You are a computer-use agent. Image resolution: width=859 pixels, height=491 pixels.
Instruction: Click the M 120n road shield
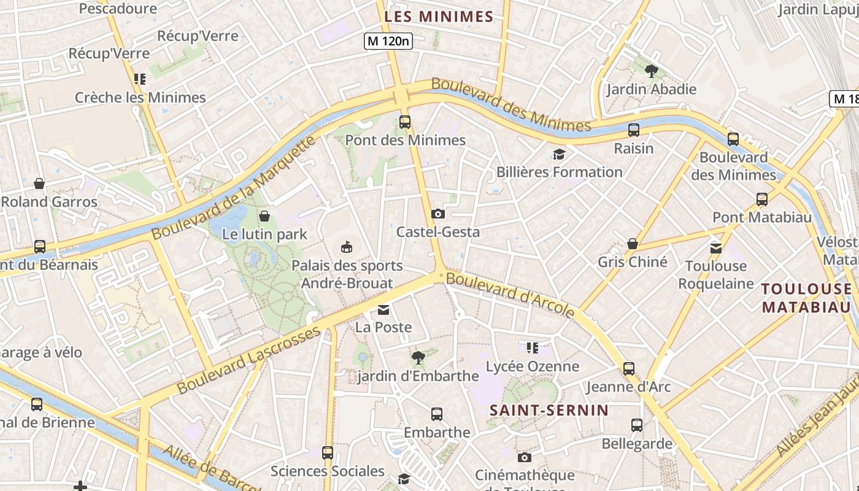tap(388, 41)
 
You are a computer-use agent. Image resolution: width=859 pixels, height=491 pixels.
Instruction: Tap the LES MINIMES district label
tap(439, 17)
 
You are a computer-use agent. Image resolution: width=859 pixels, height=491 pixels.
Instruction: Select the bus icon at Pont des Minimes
tap(405, 122)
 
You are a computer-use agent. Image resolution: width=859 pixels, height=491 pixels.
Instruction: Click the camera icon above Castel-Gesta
tap(438, 214)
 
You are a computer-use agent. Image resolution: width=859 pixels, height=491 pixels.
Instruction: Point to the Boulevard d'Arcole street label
tap(510, 296)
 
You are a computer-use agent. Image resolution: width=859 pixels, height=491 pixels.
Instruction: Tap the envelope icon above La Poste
tap(383, 310)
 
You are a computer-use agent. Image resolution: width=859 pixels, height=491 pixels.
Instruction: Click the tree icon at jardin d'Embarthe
tap(418, 357)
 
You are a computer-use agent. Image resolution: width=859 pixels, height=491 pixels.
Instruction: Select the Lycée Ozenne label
tap(532, 366)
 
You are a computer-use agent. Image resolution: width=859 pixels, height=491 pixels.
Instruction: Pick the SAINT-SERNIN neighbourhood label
tap(549, 410)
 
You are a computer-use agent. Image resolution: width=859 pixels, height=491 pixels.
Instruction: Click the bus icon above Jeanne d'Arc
tap(629, 368)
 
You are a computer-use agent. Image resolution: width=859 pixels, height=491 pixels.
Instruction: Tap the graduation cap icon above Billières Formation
tap(559, 154)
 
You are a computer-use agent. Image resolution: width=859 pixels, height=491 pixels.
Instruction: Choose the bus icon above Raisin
tap(634, 130)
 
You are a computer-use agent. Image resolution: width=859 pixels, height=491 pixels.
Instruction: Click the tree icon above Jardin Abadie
tap(652, 71)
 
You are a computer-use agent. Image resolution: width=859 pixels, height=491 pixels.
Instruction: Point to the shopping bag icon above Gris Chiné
tap(633, 244)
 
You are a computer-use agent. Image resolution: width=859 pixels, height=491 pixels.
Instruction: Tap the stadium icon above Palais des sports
tap(347, 247)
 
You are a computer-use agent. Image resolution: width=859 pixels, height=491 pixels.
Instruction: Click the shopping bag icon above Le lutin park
tap(264, 215)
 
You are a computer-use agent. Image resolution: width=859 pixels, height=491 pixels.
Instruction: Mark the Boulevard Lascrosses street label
tap(248, 361)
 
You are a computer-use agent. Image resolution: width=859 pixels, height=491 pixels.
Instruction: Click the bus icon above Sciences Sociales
tap(328, 453)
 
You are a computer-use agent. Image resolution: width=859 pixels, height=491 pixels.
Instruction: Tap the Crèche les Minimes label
tap(141, 97)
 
